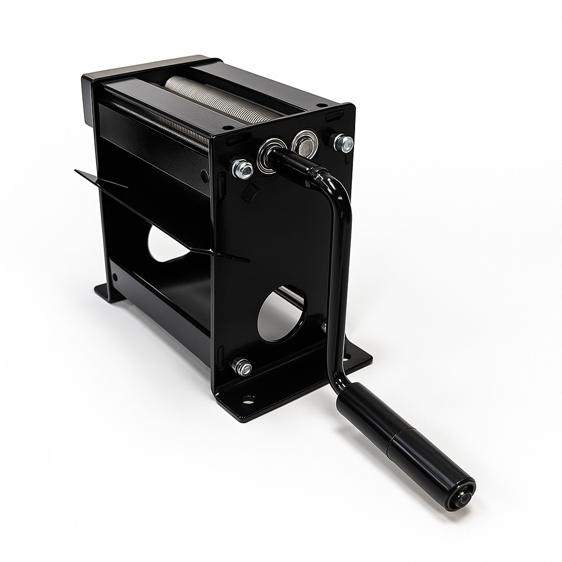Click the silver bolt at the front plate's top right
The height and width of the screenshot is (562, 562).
[x=344, y=143]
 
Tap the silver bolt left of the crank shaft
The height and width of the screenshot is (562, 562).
[x=242, y=168]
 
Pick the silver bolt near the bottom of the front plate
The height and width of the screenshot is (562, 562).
[x=241, y=366]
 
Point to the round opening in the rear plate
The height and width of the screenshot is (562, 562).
[x=165, y=244]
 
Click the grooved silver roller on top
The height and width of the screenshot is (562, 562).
[x=220, y=99]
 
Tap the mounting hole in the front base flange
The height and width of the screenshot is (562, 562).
[x=249, y=399]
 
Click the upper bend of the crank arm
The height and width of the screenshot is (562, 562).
[x=335, y=184]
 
